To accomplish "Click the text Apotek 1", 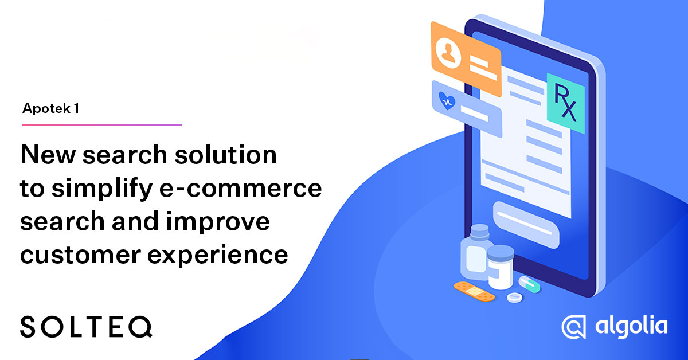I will pyautogui.click(x=50, y=108).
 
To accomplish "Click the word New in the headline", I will pyautogui.click(x=45, y=155).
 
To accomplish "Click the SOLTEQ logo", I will pyautogui.click(x=87, y=327).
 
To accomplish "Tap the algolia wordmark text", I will pyautogui.click(x=631, y=326).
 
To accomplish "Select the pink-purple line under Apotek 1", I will pyautogui.click(x=101, y=124).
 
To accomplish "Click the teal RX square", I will pyautogui.click(x=565, y=100).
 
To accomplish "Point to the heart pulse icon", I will pyautogui.click(x=447, y=101).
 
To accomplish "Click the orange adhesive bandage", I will pyautogui.click(x=474, y=291).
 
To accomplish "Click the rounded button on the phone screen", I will pyautogui.click(x=526, y=224).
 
